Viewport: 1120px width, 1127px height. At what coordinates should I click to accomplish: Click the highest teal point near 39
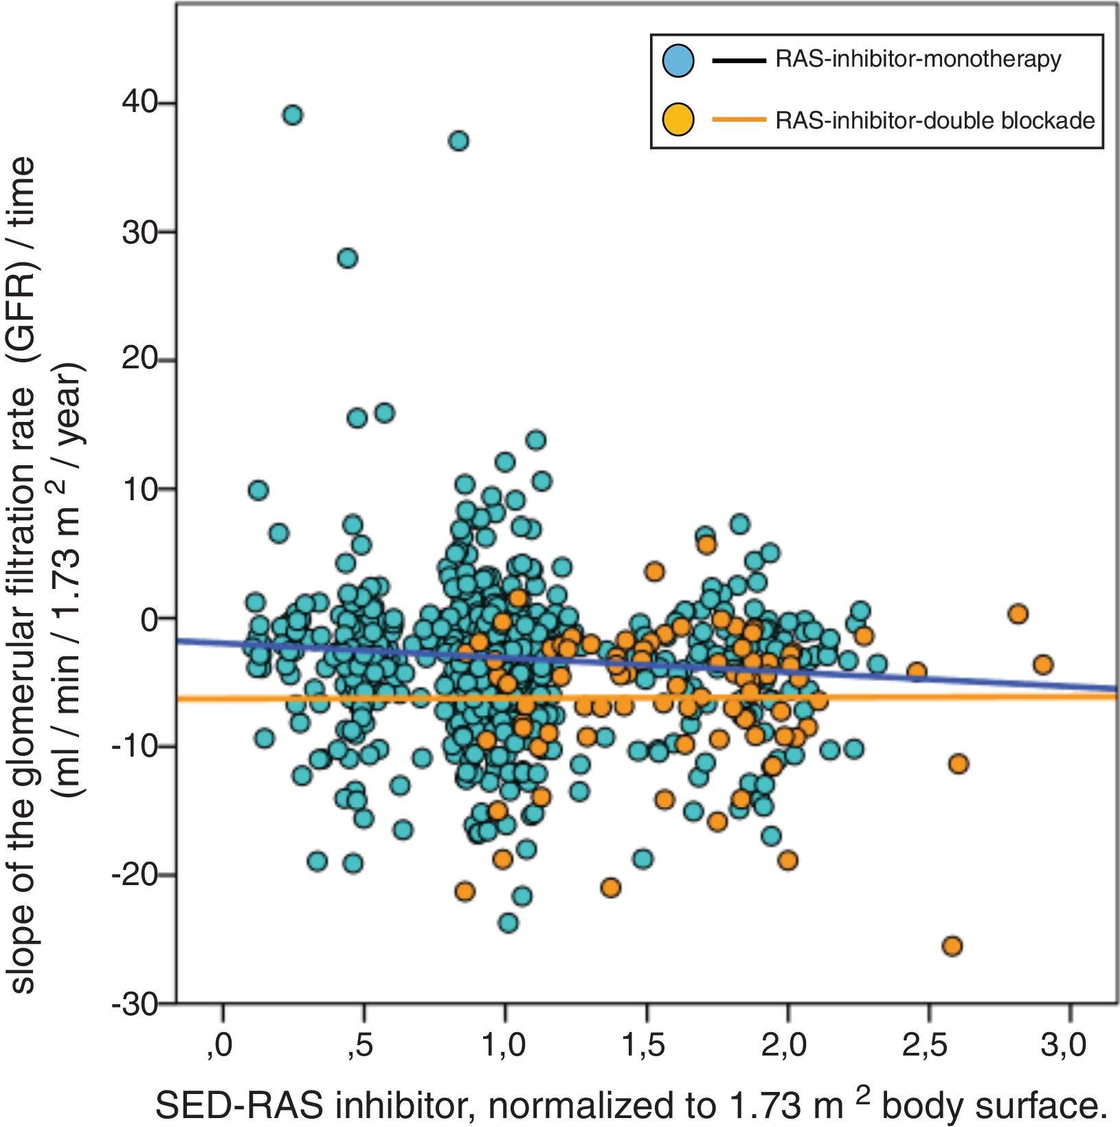click(x=292, y=115)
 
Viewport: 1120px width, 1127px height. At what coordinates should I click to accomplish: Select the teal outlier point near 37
click(x=458, y=141)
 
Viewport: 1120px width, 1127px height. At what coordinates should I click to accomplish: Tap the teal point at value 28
click(x=348, y=258)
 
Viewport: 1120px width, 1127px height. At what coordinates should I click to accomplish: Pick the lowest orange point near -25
click(x=952, y=946)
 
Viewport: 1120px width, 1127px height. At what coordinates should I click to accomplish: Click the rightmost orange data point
click(x=1043, y=665)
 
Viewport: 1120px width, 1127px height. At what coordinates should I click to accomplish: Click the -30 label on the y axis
click(x=135, y=1005)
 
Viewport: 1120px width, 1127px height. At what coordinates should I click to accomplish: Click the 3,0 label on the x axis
click(x=1064, y=1046)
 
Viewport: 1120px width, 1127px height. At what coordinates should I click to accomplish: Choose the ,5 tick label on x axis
click(x=359, y=1046)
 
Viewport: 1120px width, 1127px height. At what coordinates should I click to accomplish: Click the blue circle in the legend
click(x=678, y=60)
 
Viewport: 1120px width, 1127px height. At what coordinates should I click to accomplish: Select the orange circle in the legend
click(x=678, y=120)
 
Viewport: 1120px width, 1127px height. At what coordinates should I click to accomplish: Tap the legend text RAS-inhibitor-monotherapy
click(x=918, y=60)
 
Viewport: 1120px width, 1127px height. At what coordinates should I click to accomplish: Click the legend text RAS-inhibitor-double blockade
click(x=935, y=120)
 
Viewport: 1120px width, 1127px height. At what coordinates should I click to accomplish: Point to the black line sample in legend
click(x=739, y=60)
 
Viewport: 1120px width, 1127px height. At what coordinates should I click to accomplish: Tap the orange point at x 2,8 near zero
click(x=1018, y=614)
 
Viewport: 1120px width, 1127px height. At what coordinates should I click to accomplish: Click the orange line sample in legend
click(x=739, y=120)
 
